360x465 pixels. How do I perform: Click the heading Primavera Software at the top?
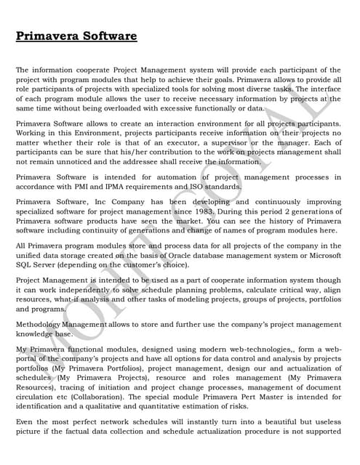coord(76,36)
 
